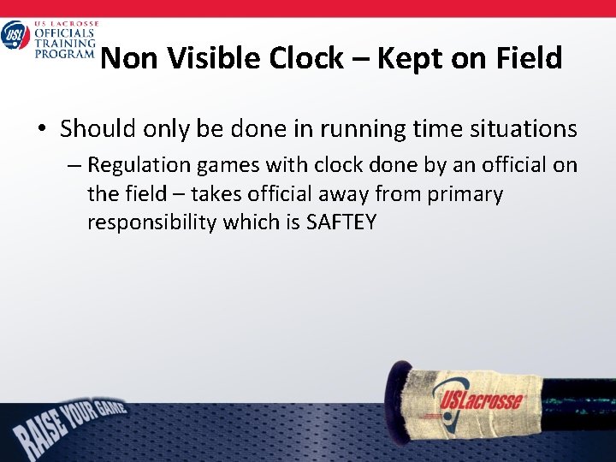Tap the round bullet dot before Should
coord(42,130)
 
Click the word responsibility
coord(151,223)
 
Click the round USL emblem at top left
coord(15,36)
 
